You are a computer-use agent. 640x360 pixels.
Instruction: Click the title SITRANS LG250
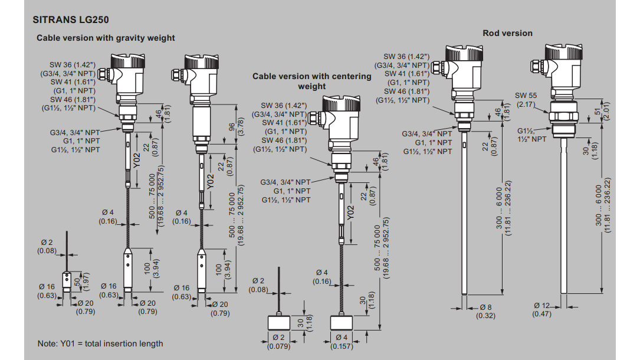71,19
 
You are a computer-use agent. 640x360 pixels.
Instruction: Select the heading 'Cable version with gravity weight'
106,38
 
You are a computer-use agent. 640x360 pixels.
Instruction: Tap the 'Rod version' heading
507,33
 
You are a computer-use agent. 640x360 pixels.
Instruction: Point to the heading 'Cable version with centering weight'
312,81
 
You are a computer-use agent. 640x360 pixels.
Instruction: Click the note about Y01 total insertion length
100,343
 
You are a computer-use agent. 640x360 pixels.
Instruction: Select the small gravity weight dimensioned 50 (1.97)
68,279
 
